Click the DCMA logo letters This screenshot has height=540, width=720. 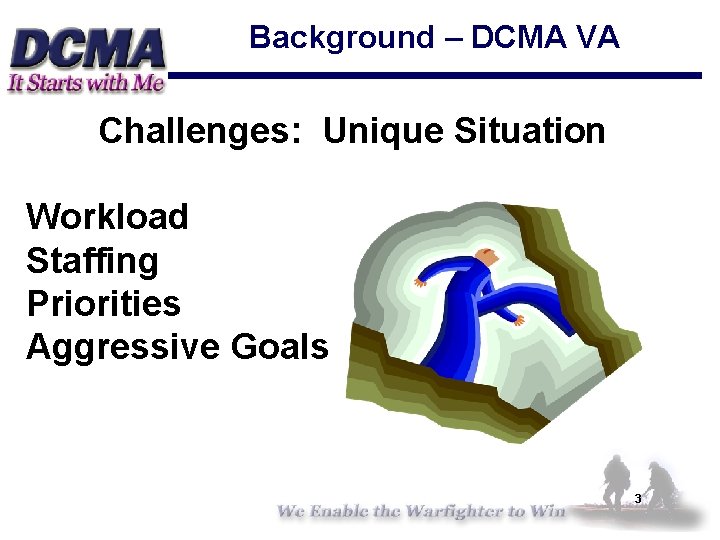tap(88, 46)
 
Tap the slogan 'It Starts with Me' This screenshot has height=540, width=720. tap(85, 83)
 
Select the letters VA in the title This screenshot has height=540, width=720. tap(597, 38)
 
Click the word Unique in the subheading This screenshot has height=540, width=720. tap(383, 131)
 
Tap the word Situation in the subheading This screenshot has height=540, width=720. tap(529, 131)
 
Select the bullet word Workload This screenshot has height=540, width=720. tap(107, 216)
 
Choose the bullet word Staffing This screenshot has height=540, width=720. tap(92, 261)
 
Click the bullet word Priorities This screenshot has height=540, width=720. tap(103, 303)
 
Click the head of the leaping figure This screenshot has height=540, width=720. tap(487, 258)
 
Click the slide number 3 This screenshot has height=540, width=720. tap(637, 498)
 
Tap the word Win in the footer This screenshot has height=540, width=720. tap(547, 511)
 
